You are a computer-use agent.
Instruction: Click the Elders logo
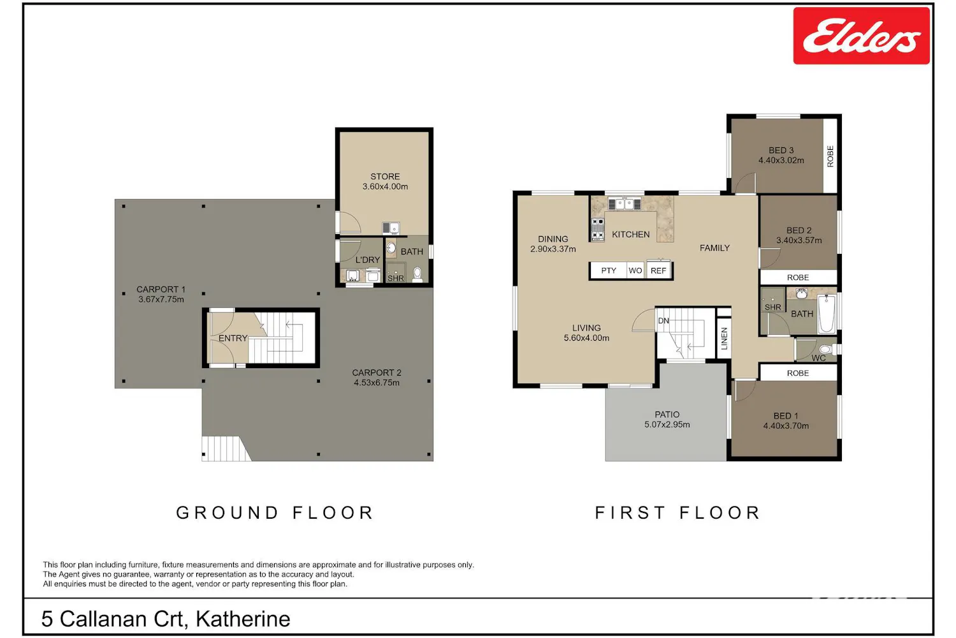[x=861, y=36]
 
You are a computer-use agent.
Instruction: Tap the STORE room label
[x=385, y=177]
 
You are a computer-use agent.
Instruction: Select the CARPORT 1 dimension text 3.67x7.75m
[x=161, y=299]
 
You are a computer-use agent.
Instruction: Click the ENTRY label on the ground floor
[x=233, y=338]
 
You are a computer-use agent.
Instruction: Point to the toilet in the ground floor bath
[x=417, y=274]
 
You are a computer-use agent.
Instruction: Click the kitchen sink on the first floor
[x=624, y=204]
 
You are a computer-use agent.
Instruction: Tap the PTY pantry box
[x=609, y=271]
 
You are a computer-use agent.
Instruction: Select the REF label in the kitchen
[x=658, y=271]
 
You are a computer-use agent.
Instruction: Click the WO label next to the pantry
[x=635, y=271]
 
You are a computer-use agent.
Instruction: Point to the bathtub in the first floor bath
[x=826, y=314]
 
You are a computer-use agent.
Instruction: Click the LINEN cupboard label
[x=724, y=338]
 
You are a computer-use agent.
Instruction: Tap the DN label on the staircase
[x=663, y=320]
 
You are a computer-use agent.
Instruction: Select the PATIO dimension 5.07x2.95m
[x=667, y=424]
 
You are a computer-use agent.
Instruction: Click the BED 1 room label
[x=786, y=416]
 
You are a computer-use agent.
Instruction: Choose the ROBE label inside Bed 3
[x=830, y=156]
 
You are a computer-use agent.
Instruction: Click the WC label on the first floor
[x=818, y=358]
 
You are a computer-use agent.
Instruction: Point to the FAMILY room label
[x=715, y=248]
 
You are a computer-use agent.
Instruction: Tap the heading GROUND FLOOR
[x=275, y=512]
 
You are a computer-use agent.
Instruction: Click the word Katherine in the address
[x=243, y=619]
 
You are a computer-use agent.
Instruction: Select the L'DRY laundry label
[x=368, y=260]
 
